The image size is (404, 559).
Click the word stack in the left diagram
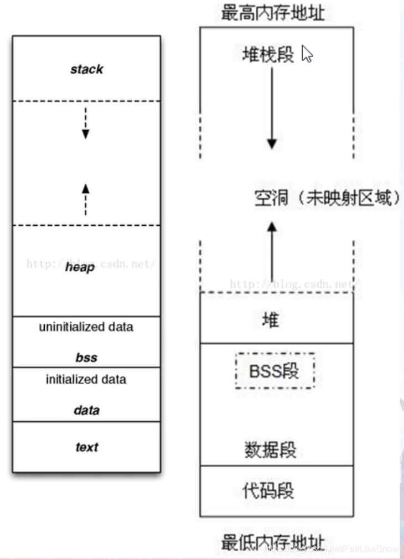(x=87, y=70)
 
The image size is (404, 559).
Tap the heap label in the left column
(x=80, y=267)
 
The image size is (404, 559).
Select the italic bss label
(x=86, y=358)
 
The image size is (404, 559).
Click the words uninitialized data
(x=86, y=327)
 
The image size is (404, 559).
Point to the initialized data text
(x=86, y=380)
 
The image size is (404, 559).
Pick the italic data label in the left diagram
(x=86, y=411)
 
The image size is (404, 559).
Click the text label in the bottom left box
(x=86, y=447)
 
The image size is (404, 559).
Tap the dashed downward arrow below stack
(x=85, y=123)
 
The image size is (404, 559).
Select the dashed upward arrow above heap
(x=85, y=199)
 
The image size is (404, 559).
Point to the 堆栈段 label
(x=268, y=55)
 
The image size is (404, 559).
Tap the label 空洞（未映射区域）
(x=327, y=198)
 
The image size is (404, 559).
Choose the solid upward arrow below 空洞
(x=271, y=249)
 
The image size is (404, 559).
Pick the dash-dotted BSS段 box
(x=274, y=370)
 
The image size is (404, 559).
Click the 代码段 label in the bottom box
(x=268, y=490)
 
